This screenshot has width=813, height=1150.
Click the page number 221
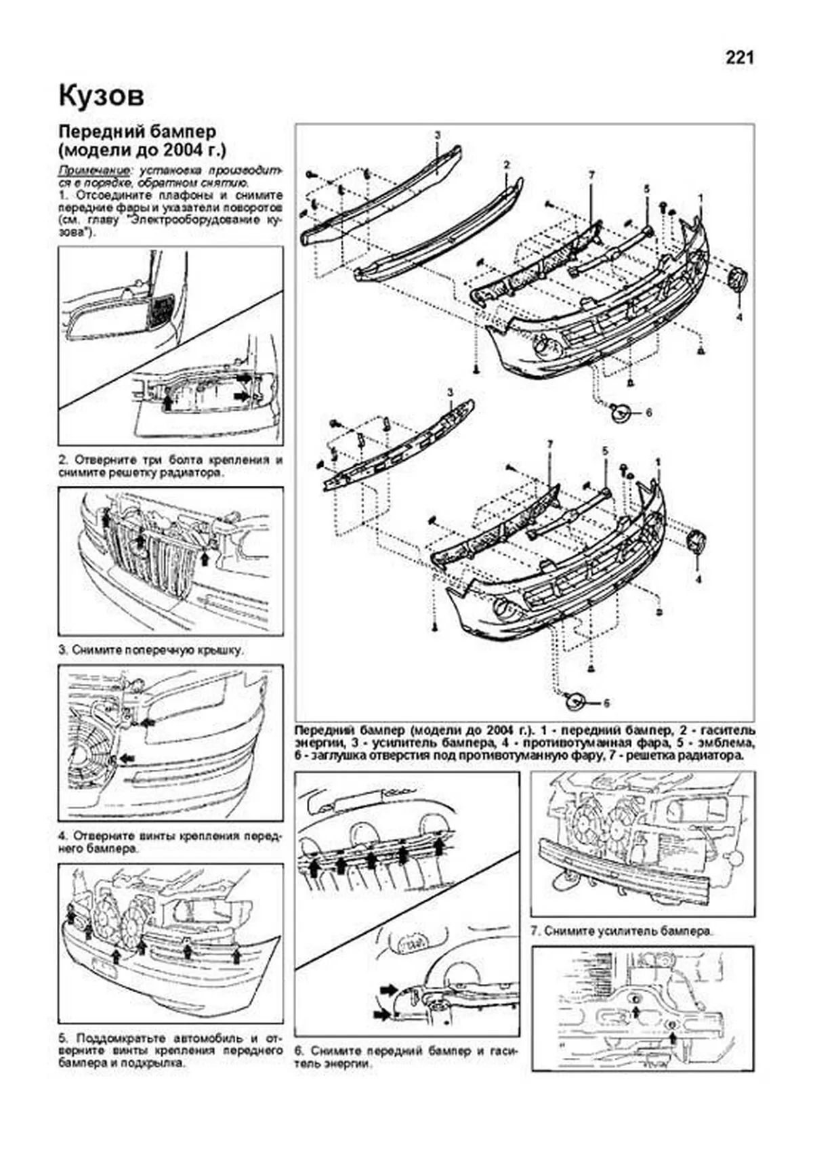pos(739,58)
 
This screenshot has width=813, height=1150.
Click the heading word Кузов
pos(101,96)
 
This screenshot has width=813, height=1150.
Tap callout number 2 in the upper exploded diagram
pos(505,165)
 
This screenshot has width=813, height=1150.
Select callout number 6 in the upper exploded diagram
pos(648,412)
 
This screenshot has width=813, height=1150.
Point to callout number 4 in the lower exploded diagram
pos(699,580)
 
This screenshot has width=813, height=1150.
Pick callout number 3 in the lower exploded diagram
pos(449,392)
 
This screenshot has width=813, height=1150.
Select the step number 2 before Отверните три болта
pos(62,459)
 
